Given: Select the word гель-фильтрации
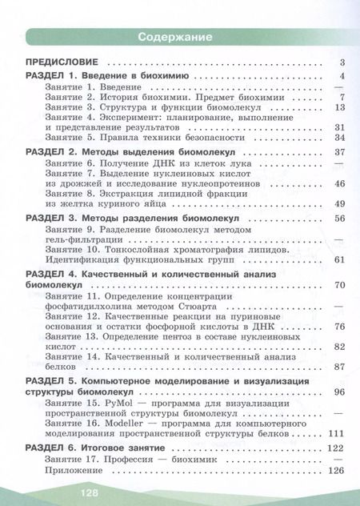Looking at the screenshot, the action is tap(86, 239).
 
